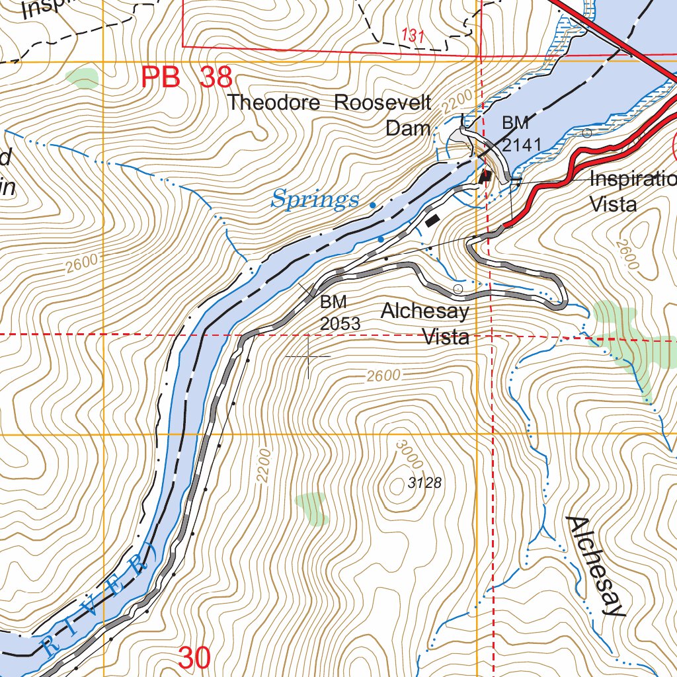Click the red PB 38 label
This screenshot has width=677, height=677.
[186, 78]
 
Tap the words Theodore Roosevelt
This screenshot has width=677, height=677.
[329, 103]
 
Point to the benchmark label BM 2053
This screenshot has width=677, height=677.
[340, 313]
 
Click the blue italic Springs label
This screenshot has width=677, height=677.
[315, 199]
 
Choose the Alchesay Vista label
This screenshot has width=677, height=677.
[426, 324]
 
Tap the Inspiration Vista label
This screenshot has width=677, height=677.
[631, 191]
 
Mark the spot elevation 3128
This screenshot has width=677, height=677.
[424, 483]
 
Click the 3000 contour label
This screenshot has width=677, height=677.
[408, 457]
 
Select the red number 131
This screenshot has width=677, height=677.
[413, 36]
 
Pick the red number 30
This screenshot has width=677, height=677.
[194, 658]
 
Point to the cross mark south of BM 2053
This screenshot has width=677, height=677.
[308, 357]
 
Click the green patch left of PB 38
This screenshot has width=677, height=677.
[83, 78]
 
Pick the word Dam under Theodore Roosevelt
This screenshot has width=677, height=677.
[408, 128]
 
